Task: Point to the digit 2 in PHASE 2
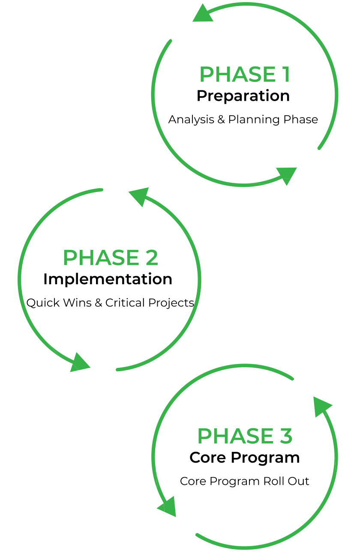151,258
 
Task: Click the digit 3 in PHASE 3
285,436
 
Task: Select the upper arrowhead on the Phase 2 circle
139,197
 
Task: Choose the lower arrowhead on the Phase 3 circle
168,506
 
